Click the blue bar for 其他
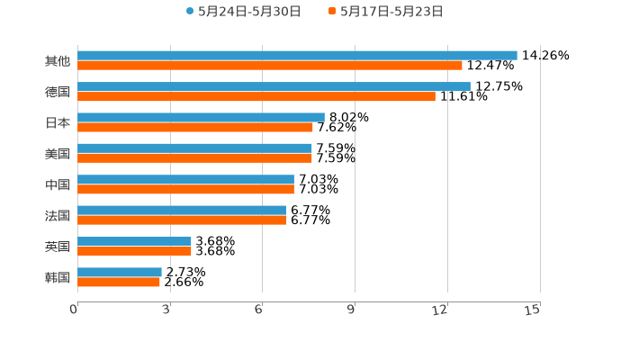pyautogui.click(x=297, y=55)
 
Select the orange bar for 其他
pyautogui.click(x=270, y=65)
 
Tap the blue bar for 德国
pyautogui.click(x=274, y=86)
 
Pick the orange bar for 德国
pyautogui.click(x=256, y=96)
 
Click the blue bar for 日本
pyautogui.click(x=201, y=117)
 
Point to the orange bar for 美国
pyautogui.click(x=194, y=157)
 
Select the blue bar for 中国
pyautogui.click(x=185, y=179)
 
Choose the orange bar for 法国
pyautogui.click(x=182, y=220)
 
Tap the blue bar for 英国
pyautogui.click(x=134, y=241)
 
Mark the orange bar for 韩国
pyautogui.click(x=119, y=282)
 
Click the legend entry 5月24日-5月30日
pyautogui.click(x=244, y=12)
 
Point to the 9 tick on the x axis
pyautogui.click(x=352, y=310)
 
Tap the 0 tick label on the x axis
pyautogui.click(x=74, y=310)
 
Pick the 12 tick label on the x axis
pyautogui.click(x=440, y=310)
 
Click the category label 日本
pyautogui.click(x=57, y=122)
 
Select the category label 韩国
pyautogui.click(x=57, y=277)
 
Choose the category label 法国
pyautogui.click(x=57, y=215)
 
